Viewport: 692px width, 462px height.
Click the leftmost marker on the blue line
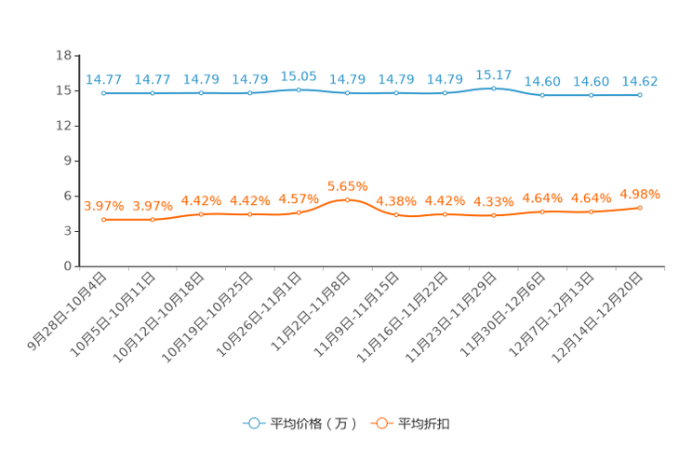[x=104, y=92]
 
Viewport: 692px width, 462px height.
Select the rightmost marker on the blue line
[x=640, y=94]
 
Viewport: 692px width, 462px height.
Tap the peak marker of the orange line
[x=347, y=200]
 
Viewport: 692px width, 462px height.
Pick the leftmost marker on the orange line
[x=104, y=219]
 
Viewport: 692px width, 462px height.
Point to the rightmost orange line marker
[x=640, y=207]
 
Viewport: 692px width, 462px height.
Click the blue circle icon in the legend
[x=253, y=423]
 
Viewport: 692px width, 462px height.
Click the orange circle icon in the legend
[x=380, y=423]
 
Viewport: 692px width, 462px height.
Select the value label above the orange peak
[x=347, y=186]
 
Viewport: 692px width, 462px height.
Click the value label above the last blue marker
[x=640, y=80]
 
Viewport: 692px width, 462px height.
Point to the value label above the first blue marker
[x=104, y=79]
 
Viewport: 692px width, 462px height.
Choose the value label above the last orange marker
[x=640, y=194]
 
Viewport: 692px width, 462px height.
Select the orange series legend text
[x=425, y=424]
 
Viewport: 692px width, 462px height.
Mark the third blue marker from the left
[x=201, y=93]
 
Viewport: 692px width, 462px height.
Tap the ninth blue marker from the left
[x=494, y=88]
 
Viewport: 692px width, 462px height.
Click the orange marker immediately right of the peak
[x=396, y=214]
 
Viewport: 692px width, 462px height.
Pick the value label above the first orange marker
[x=104, y=205]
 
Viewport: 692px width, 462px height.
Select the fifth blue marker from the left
[x=299, y=89]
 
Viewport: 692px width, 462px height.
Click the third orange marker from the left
[x=201, y=214]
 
